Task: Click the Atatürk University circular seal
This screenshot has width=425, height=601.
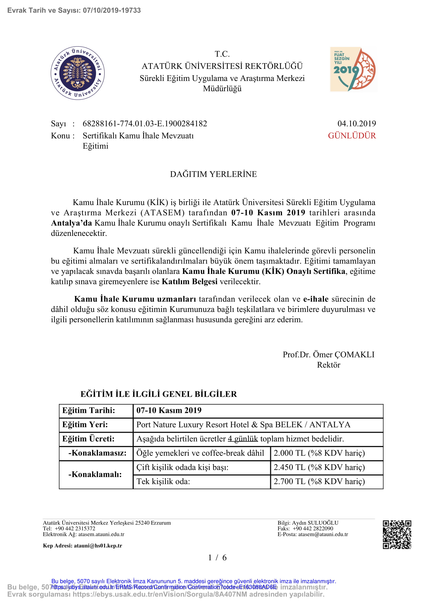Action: (x=77, y=73)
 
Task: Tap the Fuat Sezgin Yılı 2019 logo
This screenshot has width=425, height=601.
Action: (x=353, y=69)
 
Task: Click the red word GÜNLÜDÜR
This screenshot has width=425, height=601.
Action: (x=352, y=136)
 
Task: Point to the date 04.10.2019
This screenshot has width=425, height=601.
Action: (x=356, y=124)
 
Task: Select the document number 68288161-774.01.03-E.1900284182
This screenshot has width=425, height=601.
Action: (x=145, y=124)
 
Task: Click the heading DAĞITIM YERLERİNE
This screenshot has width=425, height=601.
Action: (x=213, y=174)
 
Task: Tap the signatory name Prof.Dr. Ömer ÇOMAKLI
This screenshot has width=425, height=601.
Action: (x=328, y=354)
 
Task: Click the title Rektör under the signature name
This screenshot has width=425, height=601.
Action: (x=328, y=365)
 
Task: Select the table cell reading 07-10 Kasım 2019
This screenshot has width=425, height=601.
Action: (x=169, y=410)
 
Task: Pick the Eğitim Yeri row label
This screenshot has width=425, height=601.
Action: (x=85, y=424)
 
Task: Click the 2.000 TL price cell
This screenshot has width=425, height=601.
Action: (x=319, y=453)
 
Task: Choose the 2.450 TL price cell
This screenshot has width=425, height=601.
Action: (x=319, y=467)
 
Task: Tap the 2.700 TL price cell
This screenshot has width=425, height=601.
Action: (x=319, y=481)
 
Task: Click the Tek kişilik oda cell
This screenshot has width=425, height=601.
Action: (x=163, y=481)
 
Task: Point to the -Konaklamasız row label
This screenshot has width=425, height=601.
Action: (x=97, y=453)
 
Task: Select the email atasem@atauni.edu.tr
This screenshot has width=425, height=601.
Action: (x=323, y=534)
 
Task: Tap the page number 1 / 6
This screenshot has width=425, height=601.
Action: (x=217, y=558)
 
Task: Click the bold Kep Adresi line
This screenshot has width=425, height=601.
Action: (x=83, y=545)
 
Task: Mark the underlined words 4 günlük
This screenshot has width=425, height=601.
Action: (x=243, y=439)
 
